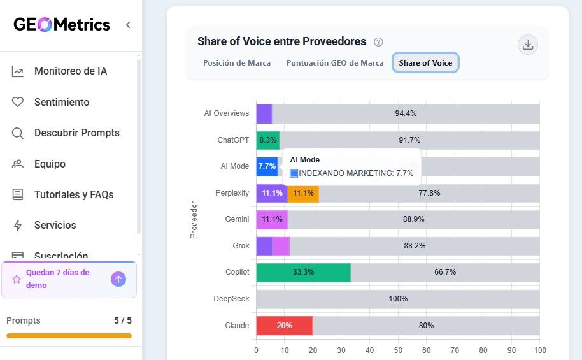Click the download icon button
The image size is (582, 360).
[527, 45]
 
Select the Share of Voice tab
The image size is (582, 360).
[425, 63]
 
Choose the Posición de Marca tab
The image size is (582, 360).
[237, 63]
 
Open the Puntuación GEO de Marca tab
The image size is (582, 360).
[335, 63]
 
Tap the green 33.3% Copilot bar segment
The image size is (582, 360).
[303, 272]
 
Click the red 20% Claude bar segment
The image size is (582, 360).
[284, 326]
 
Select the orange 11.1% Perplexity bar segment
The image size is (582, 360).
[303, 193]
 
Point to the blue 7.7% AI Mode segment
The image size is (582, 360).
[267, 166]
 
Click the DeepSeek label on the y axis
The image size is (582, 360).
[232, 299]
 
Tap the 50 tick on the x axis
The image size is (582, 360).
[398, 350]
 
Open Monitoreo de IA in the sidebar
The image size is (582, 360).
[71, 71]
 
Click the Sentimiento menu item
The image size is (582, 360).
[62, 102]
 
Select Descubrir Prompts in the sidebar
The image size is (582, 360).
[76, 133]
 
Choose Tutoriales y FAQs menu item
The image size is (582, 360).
[74, 195]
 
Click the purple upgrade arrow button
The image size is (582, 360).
[118, 279]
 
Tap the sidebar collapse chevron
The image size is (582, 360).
[128, 25]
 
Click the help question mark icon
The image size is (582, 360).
[378, 42]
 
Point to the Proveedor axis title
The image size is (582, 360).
[194, 220]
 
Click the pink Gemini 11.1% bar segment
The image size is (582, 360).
[272, 219]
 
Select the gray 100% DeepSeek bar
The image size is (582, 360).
[398, 299]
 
